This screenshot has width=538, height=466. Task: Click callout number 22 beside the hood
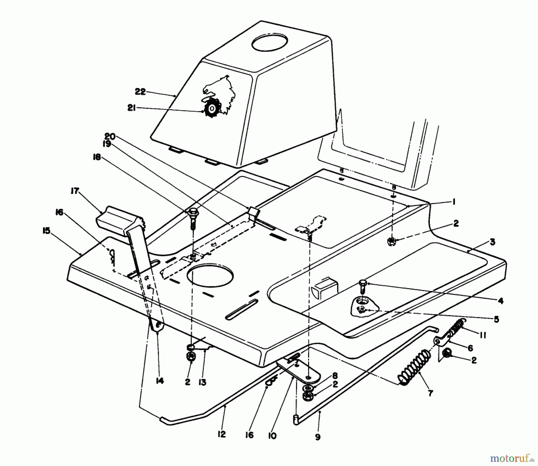pos(140,92)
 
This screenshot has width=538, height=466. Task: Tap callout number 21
pos(132,108)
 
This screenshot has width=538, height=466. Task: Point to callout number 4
pos(500,300)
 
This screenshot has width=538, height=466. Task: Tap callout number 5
pos(496,319)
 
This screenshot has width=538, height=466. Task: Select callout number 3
pos(492,242)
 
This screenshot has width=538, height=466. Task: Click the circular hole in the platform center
pos(210,274)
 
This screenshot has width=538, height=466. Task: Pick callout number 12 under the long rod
pos(222,434)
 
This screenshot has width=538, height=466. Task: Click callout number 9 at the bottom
pos(317,437)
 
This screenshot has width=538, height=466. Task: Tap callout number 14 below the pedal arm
pos(160,381)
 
